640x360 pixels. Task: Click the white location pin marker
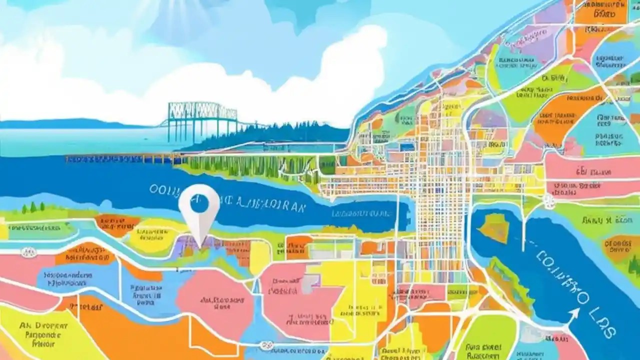click(x=199, y=210)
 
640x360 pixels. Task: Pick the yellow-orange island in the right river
click(x=494, y=228)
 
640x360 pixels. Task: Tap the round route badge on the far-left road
click(x=29, y=252)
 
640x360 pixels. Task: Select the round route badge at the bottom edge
click(x=266, y=345)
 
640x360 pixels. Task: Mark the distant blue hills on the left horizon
click(x=60, y=123)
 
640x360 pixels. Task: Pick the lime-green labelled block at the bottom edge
click(x=482, y=345)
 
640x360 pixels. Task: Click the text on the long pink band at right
click(x=595, y=173)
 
